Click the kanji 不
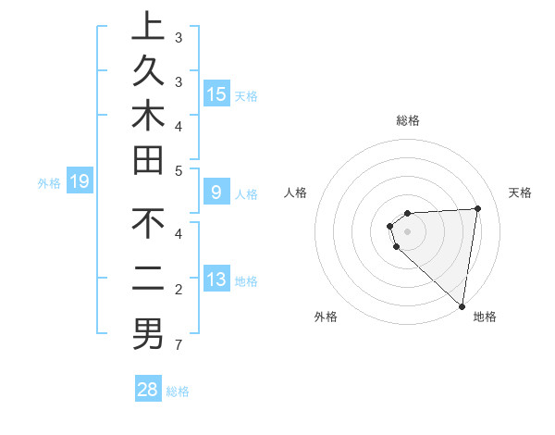point(147,226)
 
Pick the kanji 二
point(147,279)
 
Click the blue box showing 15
point(216,94)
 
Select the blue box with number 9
point(216,193)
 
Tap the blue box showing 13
point(216,280)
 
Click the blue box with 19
point(80,182)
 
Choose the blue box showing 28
point(148,390)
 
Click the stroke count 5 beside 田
point(179,170)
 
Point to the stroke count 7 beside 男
point(179,346)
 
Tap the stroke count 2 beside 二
point(179,291)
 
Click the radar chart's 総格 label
point(407,120)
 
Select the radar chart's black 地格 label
point(485,317)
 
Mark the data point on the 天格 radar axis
point(477,208)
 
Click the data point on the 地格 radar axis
point(462,305)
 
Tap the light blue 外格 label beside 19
point(49,183)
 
